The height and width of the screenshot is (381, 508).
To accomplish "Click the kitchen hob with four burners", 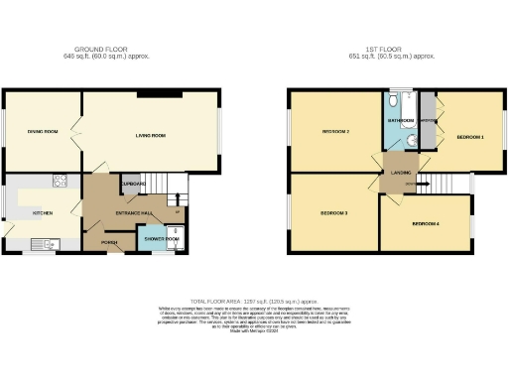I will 60,181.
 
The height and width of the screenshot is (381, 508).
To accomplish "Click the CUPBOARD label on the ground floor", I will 133,185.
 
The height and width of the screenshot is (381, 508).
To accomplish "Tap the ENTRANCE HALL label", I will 133,212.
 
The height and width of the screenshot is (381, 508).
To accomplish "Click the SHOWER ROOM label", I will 161,239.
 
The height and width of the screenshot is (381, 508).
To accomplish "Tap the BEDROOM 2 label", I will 335,132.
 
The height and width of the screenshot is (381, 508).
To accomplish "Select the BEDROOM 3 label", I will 333,212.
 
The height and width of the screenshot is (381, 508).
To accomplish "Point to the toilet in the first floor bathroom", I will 395,102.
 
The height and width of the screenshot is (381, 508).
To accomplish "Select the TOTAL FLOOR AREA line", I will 253,298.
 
